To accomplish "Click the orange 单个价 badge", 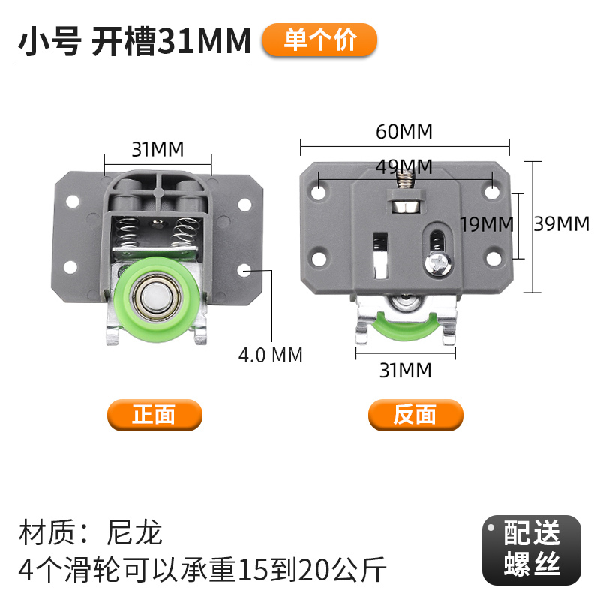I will tap(319, 40).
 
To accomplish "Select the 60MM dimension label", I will tap(404, 132).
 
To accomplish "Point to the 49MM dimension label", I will tap(404, 166).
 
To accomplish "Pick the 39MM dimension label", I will tap(562, 223).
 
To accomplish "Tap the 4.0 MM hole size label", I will tap(271, 354).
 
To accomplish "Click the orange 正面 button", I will tap(154, 415).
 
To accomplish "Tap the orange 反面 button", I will tap(415, 415).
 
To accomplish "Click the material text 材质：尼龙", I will tap(90, 533).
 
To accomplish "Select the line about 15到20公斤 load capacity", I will tap(202, 571).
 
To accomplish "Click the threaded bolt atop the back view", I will tap(406, 180).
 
